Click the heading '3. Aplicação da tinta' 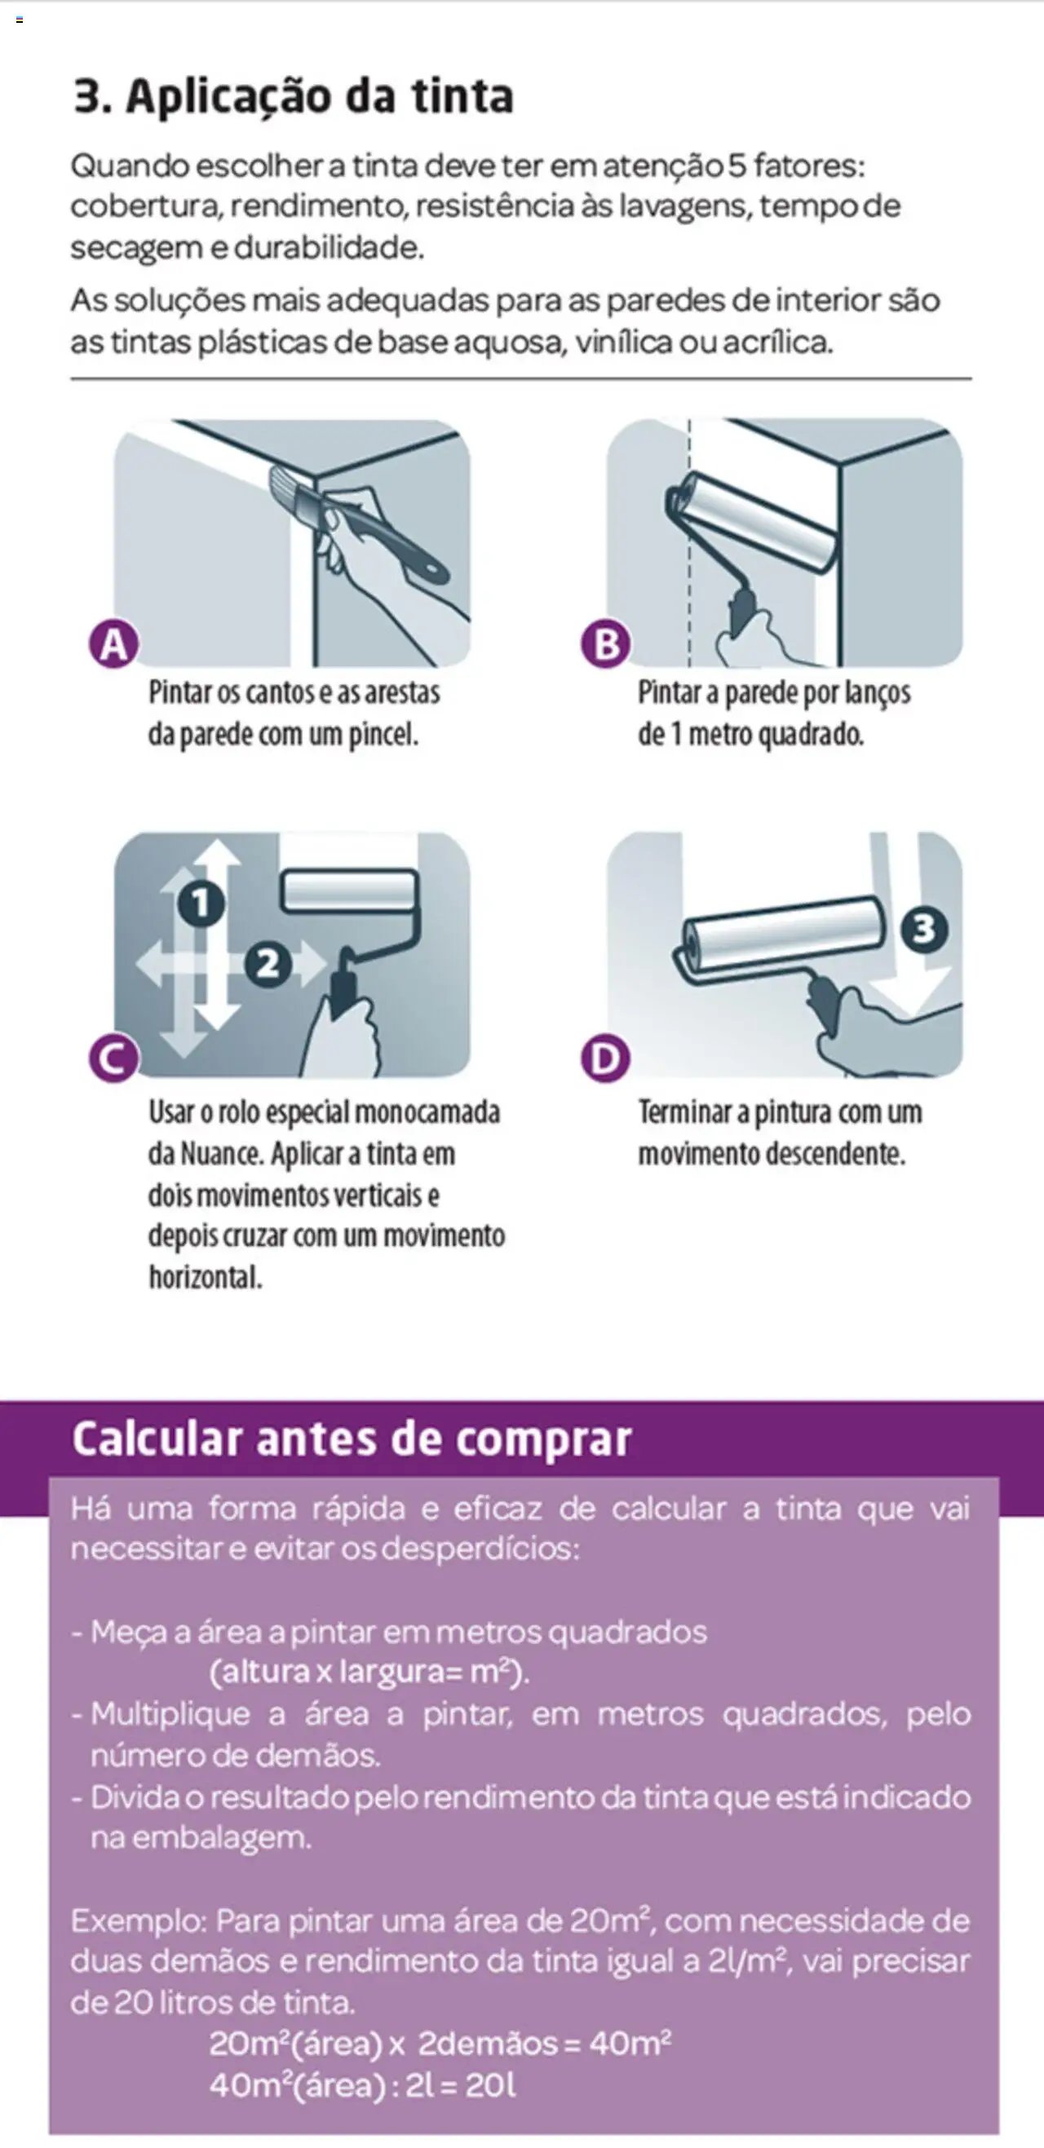click(294, 96)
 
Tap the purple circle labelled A click(113, 643)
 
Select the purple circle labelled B click(605, 643)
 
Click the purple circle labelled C click(113, 1059)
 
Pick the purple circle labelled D click(605, 1059)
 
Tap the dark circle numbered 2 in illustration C click(268, 965)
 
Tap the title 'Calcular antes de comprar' click(351, 1439)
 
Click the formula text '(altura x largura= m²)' click(369, 1672)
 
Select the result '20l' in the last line click(490, 2084)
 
